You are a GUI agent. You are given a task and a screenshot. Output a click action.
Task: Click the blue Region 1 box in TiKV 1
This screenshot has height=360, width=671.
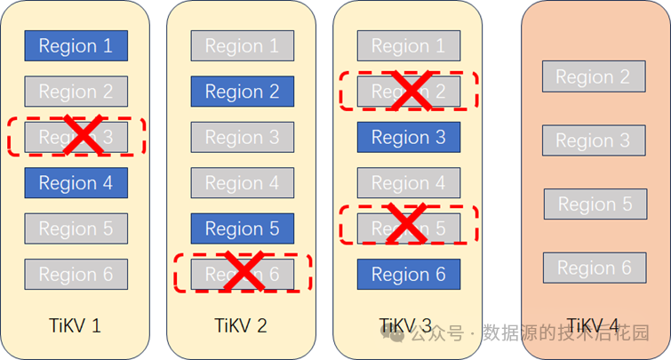[x=76, y=46]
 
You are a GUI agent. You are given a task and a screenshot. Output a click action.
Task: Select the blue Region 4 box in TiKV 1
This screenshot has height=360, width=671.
[x=76, y=183]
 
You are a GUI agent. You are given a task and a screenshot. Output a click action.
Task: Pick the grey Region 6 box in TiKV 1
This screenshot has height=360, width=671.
[x=76, y=275]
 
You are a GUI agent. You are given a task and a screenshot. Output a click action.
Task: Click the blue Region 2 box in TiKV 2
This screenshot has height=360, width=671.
[x=242, y=92]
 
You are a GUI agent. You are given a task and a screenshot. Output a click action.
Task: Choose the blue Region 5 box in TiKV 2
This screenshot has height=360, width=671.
[x=242, y=228]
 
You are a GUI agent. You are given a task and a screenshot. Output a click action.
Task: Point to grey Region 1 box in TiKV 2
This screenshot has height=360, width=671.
[x=242, y=46]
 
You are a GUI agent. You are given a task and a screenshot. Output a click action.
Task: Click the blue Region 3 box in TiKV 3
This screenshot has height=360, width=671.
[x=409, y=137]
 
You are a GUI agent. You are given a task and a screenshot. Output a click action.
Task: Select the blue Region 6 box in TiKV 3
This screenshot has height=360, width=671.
[x=409, y=275]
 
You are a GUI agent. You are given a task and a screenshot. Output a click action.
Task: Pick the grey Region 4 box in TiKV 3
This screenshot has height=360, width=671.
[x=409, y=183]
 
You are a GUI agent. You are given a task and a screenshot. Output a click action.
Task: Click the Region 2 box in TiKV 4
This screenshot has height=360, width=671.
[x=593, y=77]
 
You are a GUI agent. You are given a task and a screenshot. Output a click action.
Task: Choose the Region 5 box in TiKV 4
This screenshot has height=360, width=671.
[x=595, y=204]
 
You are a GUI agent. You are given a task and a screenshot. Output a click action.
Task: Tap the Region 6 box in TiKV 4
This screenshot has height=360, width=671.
[x=595, y=268]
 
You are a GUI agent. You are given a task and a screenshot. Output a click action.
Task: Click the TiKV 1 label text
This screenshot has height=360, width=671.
[x=76, y=326]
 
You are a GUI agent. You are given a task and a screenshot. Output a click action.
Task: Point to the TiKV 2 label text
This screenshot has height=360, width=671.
[x=242, y=326]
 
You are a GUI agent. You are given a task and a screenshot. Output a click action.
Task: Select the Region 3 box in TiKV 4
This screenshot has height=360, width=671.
[x=593, y=140]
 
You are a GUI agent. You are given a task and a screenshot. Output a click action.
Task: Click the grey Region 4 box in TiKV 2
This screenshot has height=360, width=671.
[x=242, y=183]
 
